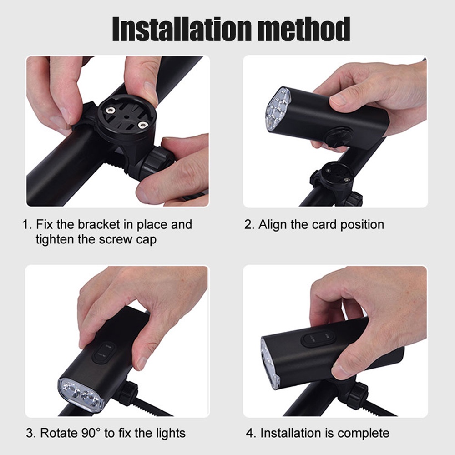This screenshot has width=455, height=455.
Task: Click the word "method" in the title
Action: [x=304, y=29]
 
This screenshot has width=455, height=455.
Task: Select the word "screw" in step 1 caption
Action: [x=115, y=240]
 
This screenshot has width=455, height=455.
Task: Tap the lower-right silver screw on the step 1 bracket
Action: [x=142, y=125]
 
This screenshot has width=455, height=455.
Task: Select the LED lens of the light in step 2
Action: [x=278, y=109]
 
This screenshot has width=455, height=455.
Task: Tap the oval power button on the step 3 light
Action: [x=104, y=353]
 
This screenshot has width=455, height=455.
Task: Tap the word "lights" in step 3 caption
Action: [x=171, y=434]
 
